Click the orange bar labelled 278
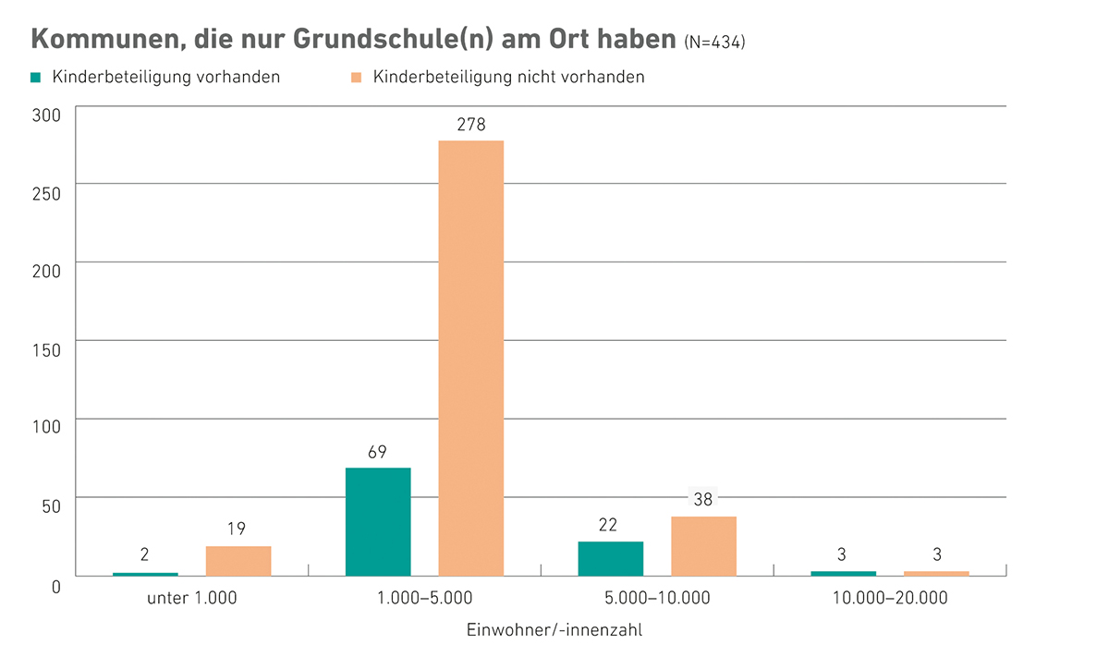[470, 359]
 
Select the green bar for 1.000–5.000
[377, 522]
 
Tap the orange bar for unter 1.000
[238, 561]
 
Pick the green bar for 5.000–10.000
[610, 558]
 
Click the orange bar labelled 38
[703, 546]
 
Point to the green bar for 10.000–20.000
[843, 573]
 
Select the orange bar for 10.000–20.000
[936, 573]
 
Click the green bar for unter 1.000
[145, 574]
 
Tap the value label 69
[377, 453]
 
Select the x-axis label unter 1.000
[192, 598]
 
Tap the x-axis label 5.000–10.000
[657, 598]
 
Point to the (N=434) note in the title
[714, 43]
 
